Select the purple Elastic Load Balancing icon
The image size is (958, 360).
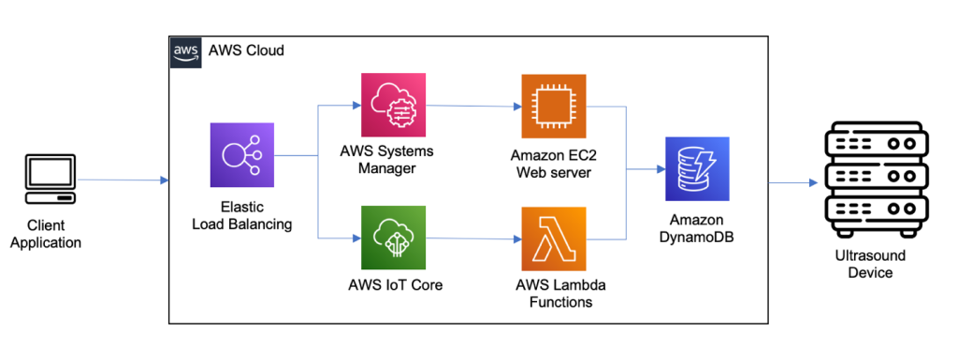242,155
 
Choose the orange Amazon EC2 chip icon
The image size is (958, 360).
553,107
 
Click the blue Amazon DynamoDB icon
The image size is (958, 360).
696,169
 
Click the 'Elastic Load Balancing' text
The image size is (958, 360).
242,215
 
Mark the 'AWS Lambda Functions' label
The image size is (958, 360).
553,294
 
